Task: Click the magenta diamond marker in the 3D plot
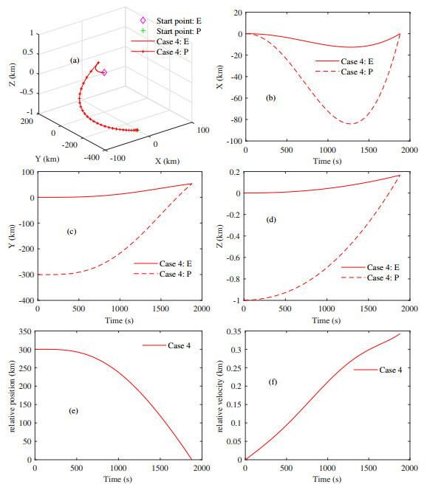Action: (x=104, y=72)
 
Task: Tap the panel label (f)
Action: (x=273, y=382)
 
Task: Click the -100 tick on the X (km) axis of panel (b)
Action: (x=231, y=141)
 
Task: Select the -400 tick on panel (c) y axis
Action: (x=24, y=301)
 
